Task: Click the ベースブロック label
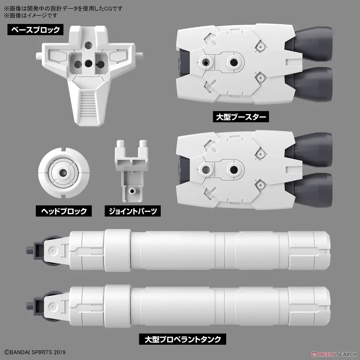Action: pyautogui.click(x=36, y=30)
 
